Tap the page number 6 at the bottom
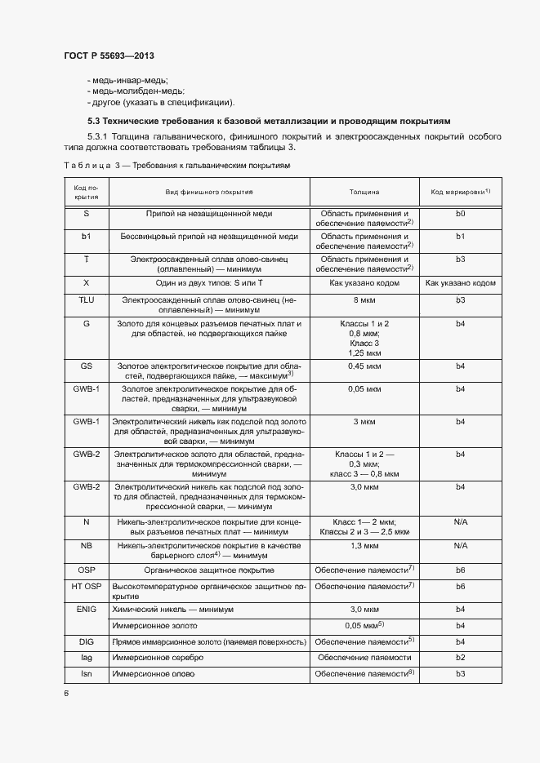[66, 693]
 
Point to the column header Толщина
[364, 192]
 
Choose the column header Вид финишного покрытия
[209, 192]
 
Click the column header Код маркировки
[459, 192]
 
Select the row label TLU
[87, 300]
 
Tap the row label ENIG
[87, 609]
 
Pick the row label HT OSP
[87, 587]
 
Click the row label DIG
[87, 641]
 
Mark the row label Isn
[87, 674]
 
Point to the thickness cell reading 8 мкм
[364, 300]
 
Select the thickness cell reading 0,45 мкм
[364, 366]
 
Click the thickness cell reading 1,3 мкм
[364, 545]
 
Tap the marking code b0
[460, 214]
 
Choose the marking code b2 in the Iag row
[460, 658]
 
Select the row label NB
[87, 545]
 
